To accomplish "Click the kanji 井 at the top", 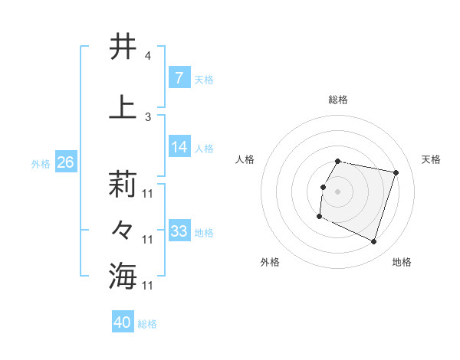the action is (x=123, y=47).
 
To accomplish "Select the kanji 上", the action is (x=123, y=107).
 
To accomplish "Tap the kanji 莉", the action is (x=123, y=184).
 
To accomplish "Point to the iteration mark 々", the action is (x=123, y=229).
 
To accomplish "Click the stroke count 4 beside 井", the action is (x=147, y=56).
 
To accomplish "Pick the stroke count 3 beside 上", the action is (x=147, y=116).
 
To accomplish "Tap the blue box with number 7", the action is (x=179, y=78).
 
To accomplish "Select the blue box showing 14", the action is (x=179, y=147).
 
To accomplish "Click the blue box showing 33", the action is (x=179, y=231).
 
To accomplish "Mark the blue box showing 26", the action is (x=65, y=162).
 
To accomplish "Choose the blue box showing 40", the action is (x=122, y=322).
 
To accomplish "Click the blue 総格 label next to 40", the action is (x=147, y=324).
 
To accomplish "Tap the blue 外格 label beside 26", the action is (x=41, y=163).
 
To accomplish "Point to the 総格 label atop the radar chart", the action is (x=337, y=100).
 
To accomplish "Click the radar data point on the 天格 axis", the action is (x=396, y=173).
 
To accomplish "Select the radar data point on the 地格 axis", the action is (x=373, y=242).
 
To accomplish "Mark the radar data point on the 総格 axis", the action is (x=337, y=161).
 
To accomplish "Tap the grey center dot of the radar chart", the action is (x=337, y=191).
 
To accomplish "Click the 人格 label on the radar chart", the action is (x=245, y=159).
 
